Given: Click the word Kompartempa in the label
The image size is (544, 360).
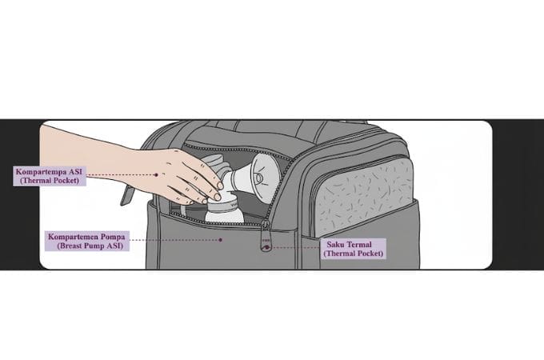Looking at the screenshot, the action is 40,172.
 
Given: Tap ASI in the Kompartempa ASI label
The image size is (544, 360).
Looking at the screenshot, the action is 74,171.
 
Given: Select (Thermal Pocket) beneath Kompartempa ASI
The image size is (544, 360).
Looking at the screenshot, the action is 50,180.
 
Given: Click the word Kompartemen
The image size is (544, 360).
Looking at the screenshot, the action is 72,237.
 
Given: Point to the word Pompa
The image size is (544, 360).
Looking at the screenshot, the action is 112,237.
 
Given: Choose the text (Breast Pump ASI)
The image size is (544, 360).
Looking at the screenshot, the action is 90,246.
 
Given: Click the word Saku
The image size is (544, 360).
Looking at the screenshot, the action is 334,244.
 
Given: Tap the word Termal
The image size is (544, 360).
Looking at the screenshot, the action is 358,244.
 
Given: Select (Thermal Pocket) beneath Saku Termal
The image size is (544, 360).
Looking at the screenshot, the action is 354,253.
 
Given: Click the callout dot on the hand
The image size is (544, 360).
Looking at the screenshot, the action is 157,174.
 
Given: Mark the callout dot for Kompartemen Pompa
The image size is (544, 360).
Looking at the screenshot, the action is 220,240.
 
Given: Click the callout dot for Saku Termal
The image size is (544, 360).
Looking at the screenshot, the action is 266,248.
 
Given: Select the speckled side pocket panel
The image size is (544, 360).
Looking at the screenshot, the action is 364,197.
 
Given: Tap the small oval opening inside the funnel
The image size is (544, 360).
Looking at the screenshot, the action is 259,178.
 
